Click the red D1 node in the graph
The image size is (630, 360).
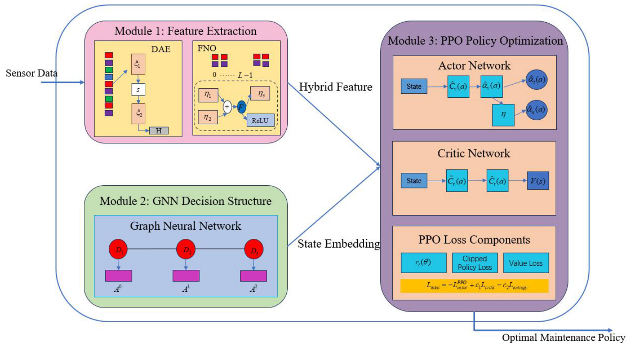coord(118,250)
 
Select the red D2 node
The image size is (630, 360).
coord(186,250)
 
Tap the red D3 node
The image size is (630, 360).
coord(254,250)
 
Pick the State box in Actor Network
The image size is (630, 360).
coord(414,86)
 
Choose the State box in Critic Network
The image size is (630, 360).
coord(414,181)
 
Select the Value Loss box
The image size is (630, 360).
coord(526,263)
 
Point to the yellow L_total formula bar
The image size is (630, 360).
coord(474,285)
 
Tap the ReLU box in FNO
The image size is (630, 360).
coord(260,120)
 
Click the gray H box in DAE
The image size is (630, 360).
coord(159,131)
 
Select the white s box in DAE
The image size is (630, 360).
coord(138,90)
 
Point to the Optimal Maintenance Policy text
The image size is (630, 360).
coord(564,338)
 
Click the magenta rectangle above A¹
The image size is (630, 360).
coord(186,276)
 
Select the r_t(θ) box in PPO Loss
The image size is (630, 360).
coord(423,263)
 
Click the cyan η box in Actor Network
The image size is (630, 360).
coord(503,115)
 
